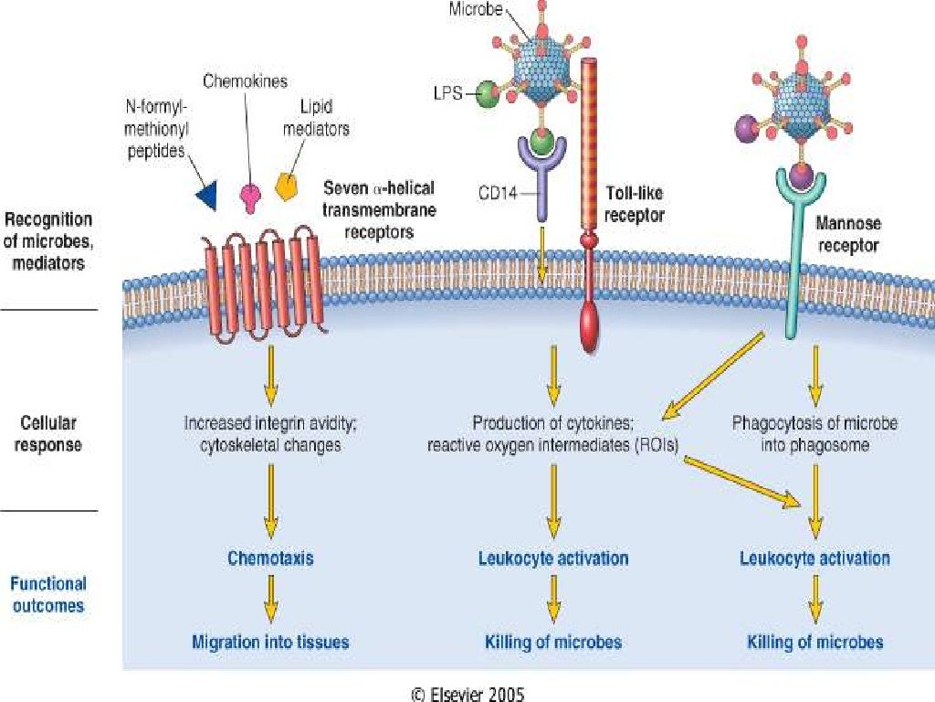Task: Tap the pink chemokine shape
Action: point(249,195)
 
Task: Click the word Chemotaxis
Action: point(270,558)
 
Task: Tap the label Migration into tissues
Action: point(270,642)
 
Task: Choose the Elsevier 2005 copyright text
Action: point(467,694)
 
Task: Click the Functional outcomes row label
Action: point(49,594)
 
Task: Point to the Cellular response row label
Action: point(49,434)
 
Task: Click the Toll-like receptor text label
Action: point(635,204)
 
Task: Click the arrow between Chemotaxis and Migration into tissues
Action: point(270,600)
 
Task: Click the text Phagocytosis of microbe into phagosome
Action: point(815,434)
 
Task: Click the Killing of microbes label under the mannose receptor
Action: point(815,642)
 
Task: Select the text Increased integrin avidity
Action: point(262,424)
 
